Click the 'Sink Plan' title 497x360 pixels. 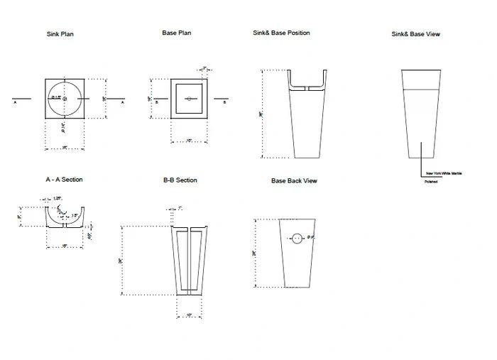(60, 34)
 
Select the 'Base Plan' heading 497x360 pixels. (177, 33)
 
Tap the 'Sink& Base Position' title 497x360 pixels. (281, 33)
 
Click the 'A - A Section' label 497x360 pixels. (64, 180)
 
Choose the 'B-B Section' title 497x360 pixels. (180, 180)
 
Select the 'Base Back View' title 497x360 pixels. (294, 181)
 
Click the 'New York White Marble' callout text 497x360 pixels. (443, 173)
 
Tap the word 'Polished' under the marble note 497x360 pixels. (431, 182)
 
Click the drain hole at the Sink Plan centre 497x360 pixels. (65, 98)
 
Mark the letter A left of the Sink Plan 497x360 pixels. (15, 102)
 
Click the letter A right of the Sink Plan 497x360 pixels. (123, 102)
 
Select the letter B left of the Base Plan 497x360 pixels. (156, 102)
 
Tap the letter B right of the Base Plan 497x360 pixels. (225, 102)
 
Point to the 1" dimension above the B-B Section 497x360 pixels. (181, 208)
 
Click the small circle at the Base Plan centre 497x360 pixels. (190, 98)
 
